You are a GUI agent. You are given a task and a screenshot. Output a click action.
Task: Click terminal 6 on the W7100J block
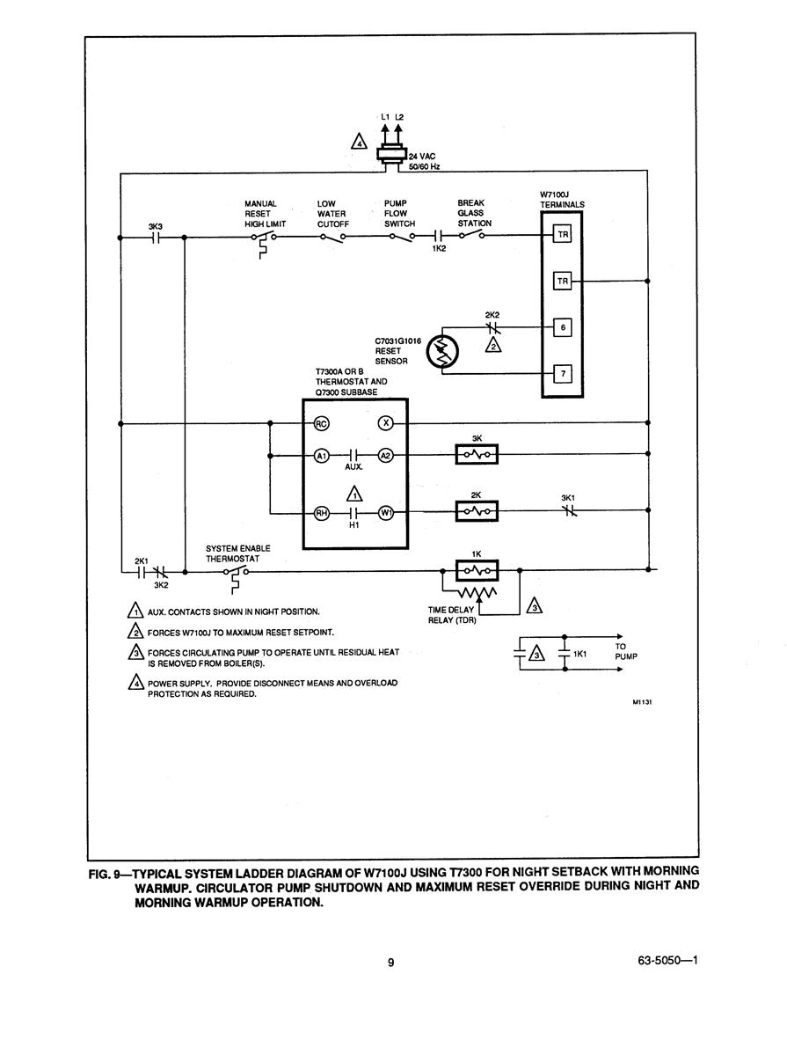[563, 327]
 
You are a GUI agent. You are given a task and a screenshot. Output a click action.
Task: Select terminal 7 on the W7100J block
[563, 373]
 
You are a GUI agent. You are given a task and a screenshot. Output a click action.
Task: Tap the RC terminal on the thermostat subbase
[321, 424]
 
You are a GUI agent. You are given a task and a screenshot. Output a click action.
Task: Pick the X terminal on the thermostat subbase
[386, 423]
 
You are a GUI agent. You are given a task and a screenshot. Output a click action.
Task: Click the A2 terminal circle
[386, 456]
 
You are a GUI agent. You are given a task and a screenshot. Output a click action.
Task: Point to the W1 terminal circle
[386, 513]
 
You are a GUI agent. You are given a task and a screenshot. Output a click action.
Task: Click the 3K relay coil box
[477, 454]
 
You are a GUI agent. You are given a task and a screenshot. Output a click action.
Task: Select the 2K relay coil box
[477, 511]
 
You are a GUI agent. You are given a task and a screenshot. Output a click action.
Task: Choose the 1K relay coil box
[477, 571]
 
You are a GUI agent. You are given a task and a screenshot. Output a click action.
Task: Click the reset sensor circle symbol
[442, 353]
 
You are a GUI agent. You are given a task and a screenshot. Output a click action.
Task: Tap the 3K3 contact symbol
[155, 238]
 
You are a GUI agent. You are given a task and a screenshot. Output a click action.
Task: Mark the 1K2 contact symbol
[439, 236]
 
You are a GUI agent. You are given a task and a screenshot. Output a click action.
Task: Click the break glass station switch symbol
[471, 235]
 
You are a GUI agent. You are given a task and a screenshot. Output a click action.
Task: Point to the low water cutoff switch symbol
[332, 237]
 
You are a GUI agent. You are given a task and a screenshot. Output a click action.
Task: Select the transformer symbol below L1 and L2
[391, 154]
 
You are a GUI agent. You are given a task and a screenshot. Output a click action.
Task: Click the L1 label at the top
[385, 117]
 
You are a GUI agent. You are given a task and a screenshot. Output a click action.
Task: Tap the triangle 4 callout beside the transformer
[359, 142]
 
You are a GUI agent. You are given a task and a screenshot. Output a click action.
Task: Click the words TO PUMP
[626, 652]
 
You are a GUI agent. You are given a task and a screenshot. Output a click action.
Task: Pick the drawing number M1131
[642, 702]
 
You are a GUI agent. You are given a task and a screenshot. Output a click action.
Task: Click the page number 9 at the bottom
[390, 963]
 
